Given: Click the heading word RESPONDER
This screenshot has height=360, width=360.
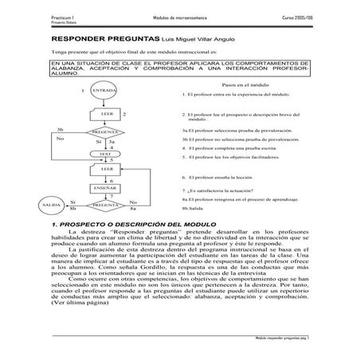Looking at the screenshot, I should point(82,38).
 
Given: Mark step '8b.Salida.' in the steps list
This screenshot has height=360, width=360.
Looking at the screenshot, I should point(197,207).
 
